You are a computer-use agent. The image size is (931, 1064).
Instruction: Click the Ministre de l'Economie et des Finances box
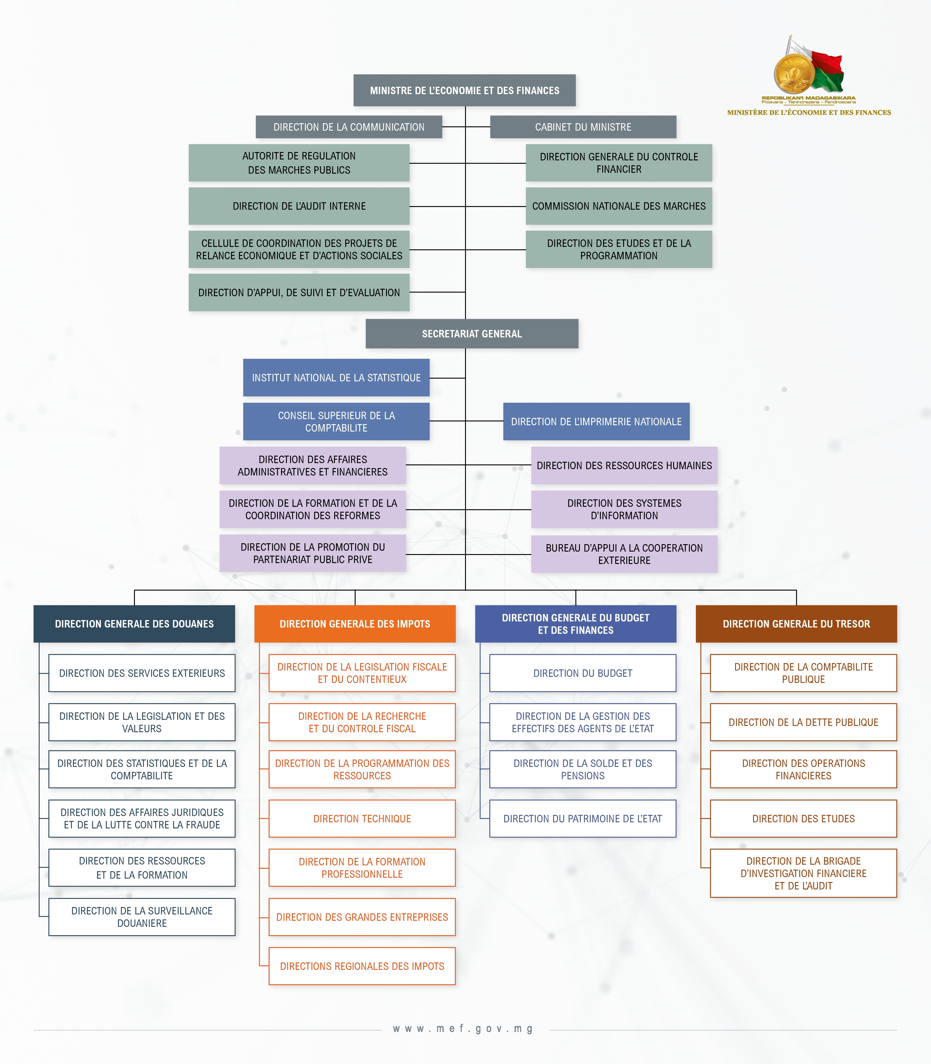(x=464, y=90)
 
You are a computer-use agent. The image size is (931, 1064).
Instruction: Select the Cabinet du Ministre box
(x=583, y=127)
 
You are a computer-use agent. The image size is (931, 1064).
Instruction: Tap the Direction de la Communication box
(x=349, y=127)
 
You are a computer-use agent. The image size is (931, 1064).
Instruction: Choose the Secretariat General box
(x=472, y=334)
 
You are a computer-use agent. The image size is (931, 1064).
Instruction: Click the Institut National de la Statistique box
(x=336, y=378)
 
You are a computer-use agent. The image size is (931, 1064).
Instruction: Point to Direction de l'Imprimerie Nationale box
(x=596, y=421)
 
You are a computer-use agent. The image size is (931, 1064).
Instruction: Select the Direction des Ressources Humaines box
(x=624, y=466)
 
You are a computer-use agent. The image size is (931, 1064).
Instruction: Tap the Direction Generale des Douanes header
(x=134, y=623)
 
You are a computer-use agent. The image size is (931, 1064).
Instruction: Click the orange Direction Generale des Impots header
(x=355, y=623)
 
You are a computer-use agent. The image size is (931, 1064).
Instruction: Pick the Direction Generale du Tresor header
(x=796, y=623)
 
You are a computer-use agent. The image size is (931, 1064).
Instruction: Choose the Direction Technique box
(x=362, y=818)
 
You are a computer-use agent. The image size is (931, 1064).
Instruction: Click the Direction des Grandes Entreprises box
(x=362, y=917)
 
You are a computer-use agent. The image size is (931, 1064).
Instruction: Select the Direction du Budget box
(x=582, y=673)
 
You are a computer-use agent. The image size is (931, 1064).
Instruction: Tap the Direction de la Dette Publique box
(x=803, y=722)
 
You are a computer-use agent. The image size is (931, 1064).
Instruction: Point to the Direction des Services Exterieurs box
(x=142, y=673)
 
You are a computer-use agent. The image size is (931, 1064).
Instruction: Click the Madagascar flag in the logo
(x=826, y=70)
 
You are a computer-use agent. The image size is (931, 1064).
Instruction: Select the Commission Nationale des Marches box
(x=619, y=206)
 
